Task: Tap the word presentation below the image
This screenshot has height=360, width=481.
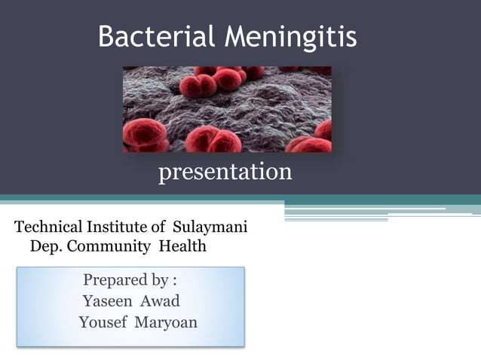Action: [225, 172]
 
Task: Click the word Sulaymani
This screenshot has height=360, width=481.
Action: [210, 227]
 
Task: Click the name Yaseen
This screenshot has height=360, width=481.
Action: [106, 301]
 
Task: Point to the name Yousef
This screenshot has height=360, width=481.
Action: [102, 322]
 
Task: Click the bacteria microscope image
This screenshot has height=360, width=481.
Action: [227, 109]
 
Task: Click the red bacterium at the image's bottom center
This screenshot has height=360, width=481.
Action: [213, 140]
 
